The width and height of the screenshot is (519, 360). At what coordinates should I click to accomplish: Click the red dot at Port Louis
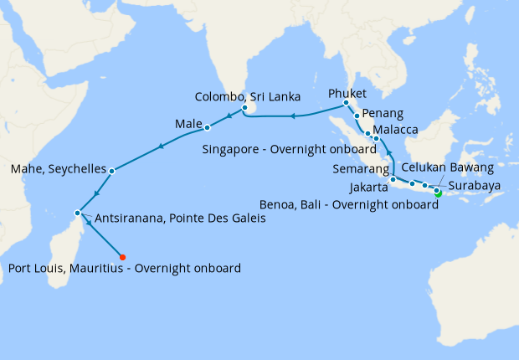point(122,257)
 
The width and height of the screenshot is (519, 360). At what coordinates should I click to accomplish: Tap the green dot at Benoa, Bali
point(437,193)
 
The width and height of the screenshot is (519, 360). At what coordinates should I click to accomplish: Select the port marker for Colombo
point(244,108)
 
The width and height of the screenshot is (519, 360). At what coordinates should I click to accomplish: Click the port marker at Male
point(207,128)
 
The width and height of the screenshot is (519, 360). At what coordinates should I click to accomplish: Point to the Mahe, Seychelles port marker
point(111,170)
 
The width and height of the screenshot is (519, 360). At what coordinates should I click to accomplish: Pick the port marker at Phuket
point(346,104)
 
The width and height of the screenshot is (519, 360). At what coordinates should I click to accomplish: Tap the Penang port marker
point(357,116)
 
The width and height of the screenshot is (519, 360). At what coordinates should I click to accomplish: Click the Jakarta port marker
point(393,179)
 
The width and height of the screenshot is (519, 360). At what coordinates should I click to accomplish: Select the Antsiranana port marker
point(77,212)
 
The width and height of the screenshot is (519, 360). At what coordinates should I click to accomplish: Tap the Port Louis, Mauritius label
point(125,269)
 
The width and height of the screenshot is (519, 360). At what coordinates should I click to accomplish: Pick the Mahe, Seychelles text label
point(58,170)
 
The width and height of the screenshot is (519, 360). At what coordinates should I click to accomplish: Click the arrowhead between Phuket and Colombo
point(293,116)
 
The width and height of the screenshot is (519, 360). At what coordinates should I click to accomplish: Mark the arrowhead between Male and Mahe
point(160,147)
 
